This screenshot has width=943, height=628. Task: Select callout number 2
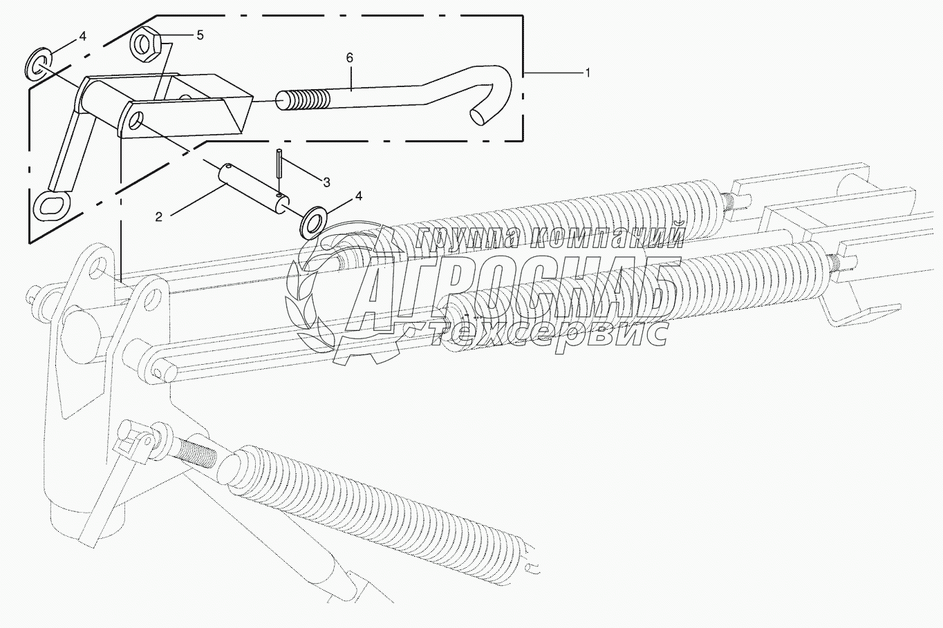point(159,217)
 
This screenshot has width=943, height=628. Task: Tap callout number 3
point(326,182)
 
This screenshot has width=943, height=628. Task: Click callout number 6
point(350,59)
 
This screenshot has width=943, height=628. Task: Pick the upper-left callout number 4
point(82,37)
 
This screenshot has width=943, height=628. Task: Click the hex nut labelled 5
point(146,46)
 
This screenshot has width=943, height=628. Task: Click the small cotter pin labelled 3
point(278,173)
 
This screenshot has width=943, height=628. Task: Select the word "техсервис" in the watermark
point(550,335)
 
